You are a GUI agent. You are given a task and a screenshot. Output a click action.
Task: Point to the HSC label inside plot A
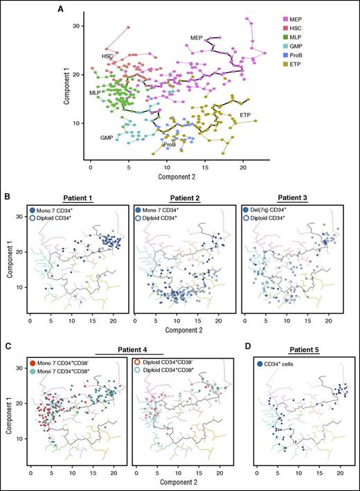coord(107,55)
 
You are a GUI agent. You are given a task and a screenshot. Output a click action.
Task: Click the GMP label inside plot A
coord(106,138)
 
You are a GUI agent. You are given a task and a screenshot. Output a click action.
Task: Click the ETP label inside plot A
coord(245,114)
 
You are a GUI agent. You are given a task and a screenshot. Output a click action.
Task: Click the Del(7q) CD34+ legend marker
coord(247,210)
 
